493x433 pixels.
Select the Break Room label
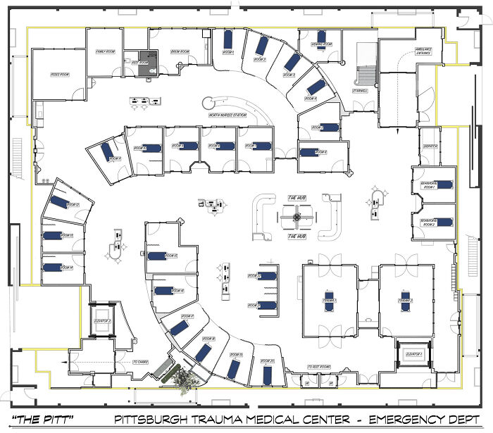click(x=180, y=52)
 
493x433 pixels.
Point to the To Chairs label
click(x=143, y=363)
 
